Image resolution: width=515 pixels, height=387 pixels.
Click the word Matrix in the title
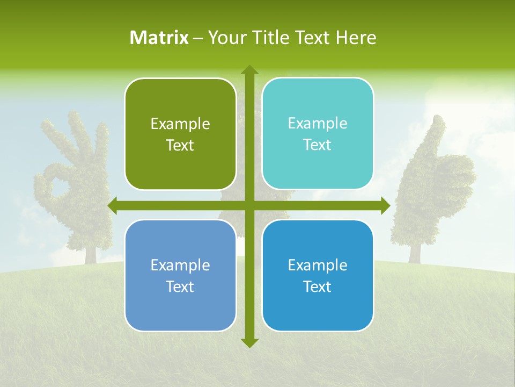pos(159,38)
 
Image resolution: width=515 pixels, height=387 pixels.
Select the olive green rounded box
pos(180,134)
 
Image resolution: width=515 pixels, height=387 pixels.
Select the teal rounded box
pos(318,134)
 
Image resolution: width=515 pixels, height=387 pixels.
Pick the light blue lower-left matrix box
pos(180,275)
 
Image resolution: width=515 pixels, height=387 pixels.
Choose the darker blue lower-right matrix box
pos(318,275)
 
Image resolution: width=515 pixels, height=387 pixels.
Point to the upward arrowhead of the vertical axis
pos(249,70)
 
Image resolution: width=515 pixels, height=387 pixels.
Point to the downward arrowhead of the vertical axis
pos(249,342)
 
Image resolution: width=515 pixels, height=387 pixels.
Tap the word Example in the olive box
pos(180,124)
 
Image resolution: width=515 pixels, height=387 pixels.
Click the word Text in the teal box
pos(318,145)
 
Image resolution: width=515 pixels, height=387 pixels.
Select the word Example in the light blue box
pos(180,265)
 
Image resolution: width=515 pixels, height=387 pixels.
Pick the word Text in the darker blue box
pos(318,286)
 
